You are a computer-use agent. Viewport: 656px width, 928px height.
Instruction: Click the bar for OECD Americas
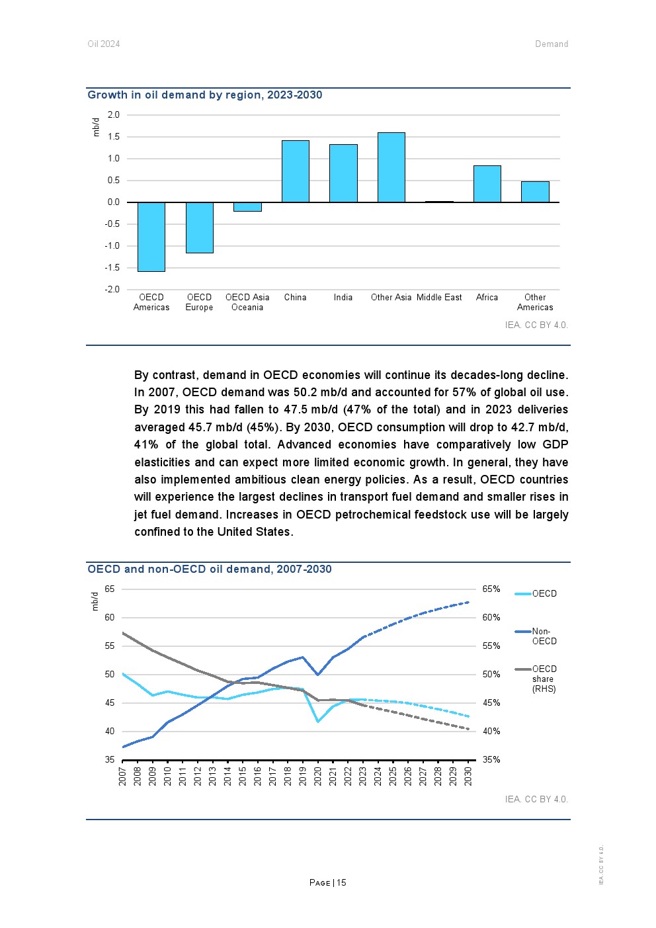pos(151,237)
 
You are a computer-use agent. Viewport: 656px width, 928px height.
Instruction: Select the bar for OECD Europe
pos(199,228)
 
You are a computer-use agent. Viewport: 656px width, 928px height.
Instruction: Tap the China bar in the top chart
pos(296,171)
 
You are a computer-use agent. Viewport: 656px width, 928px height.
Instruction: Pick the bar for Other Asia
pos(391,167)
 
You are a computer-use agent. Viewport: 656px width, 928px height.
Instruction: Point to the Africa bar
pos(487,184)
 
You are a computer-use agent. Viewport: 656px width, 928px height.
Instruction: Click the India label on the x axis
pos(343,298)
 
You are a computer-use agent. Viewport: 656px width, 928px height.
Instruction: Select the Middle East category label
pos(439,298)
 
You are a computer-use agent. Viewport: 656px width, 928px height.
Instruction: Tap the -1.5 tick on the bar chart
pos(112,268)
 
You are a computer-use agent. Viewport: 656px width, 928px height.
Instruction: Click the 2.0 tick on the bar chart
pos(114,115)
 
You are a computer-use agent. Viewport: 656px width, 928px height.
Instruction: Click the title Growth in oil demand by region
pos(205,95)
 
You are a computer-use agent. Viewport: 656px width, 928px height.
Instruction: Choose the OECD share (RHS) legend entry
pos(544,679)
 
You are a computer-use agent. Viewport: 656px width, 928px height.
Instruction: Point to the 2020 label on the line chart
pos(317,776)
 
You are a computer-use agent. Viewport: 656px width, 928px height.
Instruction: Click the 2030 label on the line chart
pos(468,776)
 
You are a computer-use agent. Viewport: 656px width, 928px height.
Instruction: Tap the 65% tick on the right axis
pos(491,589)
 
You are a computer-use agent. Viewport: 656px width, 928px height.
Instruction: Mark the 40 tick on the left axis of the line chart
pos(110,732)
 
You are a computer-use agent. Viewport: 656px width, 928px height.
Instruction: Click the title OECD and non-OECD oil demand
pos(210,569)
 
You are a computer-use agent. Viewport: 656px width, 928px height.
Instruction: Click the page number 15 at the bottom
pos(341,883)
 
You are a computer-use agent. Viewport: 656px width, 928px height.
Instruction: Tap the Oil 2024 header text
pos(104,44)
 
